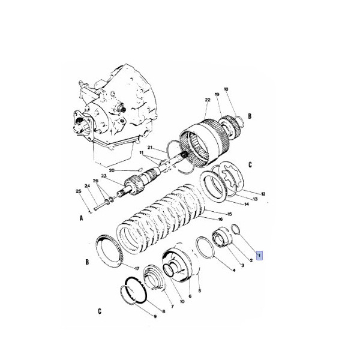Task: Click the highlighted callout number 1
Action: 259,255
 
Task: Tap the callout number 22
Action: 206,100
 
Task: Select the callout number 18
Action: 226,89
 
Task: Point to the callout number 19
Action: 217,95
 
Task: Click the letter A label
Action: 81,219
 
